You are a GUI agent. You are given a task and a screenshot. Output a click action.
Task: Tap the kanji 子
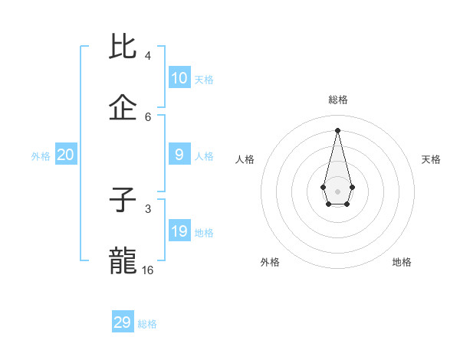(x=123, y=200)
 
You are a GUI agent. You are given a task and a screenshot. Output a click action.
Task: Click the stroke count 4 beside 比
(x=148, y=56)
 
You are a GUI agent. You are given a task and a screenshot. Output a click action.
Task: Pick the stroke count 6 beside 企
(x=148, y=116)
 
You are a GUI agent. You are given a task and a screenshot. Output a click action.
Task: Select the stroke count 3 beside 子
(x=148, y=208)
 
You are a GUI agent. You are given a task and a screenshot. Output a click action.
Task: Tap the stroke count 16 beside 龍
(x=148, y=270)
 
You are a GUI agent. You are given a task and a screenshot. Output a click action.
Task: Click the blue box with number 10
(x=179, y=78)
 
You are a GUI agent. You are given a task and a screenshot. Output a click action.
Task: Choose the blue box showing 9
(x=179, y=155)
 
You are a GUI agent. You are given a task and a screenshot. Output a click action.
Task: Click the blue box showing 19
(x=179, y=231)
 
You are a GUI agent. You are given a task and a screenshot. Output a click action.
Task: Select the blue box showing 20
(x=66, y=155)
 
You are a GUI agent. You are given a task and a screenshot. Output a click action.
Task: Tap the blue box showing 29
(x=123, y=322)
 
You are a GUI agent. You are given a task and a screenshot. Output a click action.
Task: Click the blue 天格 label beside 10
(x=204, y=80)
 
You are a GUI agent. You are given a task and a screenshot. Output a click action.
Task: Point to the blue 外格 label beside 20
(x=41, y=156)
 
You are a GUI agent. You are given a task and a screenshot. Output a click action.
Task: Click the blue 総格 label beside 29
(x=147, y=324)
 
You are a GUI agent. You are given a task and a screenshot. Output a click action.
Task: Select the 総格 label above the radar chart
(x=337, y=100)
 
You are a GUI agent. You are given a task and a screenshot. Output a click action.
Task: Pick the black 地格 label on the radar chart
(x=402, y=262)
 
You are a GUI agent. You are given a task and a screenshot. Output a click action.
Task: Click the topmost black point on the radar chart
(x=337, y=129)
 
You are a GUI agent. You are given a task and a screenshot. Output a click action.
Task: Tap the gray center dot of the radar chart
(x=337, y=191)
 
